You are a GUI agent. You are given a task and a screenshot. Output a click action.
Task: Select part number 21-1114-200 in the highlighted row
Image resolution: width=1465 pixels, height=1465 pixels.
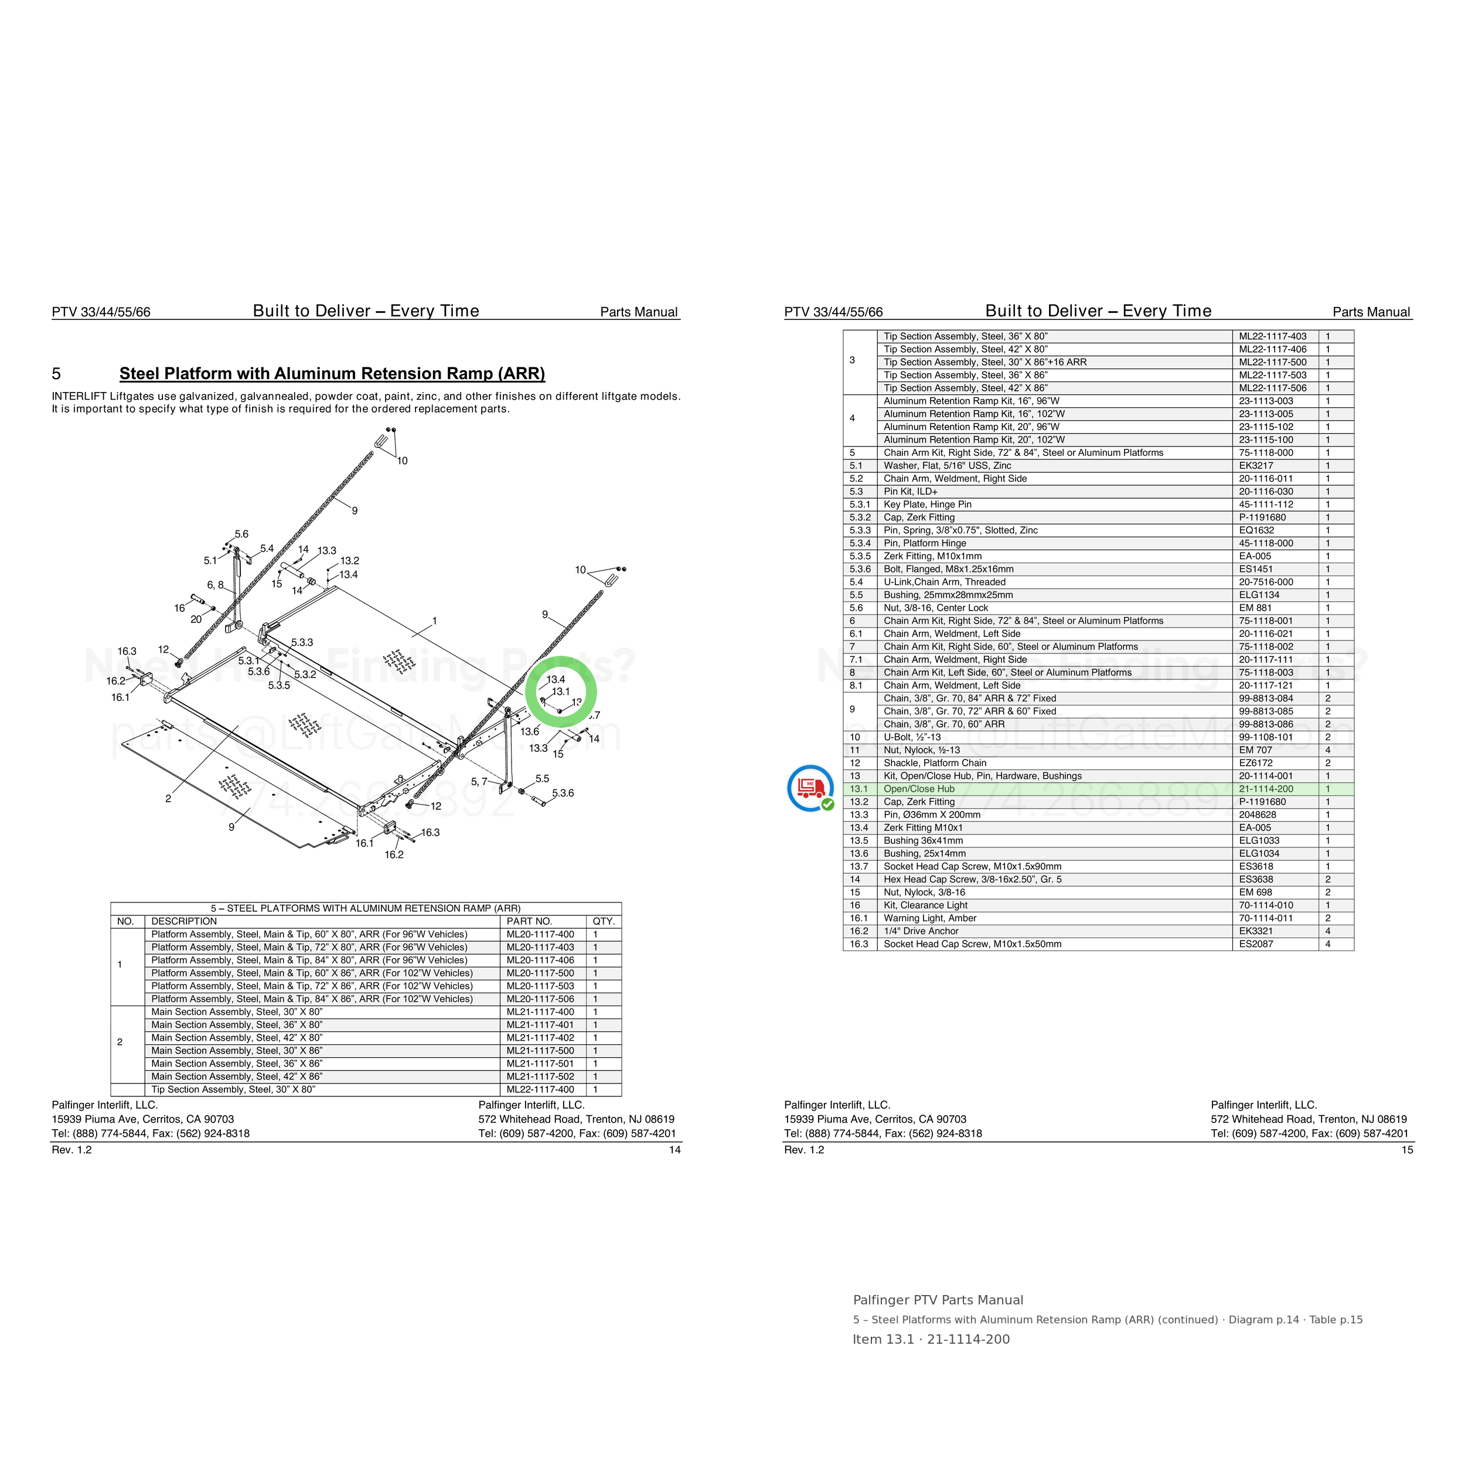coord(1266,789)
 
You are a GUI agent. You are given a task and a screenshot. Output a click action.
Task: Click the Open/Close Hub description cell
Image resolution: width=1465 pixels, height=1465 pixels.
coord(919,789)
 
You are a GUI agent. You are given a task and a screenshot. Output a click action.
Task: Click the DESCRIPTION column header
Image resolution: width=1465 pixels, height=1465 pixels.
coord(184,921)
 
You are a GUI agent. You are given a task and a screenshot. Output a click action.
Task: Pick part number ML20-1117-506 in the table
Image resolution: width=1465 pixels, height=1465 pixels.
coord(541,999)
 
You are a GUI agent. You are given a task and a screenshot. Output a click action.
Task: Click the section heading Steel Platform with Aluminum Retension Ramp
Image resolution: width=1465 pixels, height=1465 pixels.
coord(332,374)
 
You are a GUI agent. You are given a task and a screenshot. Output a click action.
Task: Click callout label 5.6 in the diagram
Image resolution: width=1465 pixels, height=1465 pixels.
coord(241,534)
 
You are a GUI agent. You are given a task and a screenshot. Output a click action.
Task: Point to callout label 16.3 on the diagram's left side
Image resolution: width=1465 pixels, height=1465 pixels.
coord(127,652)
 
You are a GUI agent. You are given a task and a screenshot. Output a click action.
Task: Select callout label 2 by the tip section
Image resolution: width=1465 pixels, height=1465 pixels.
coord(168,799)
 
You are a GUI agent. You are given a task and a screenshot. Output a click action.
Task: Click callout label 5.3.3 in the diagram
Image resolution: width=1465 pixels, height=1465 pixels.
coord(302,642)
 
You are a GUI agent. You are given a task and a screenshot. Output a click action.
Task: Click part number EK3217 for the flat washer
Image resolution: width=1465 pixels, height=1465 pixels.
coord(1256,466)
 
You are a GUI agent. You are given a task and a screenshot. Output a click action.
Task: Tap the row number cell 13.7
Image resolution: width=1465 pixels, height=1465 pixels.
coord(859,867)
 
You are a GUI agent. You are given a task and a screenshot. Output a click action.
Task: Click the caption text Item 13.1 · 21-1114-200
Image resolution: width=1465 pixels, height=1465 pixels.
coord(931,1339)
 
